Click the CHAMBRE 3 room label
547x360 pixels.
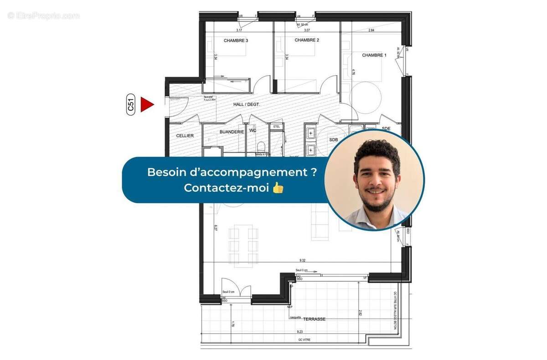tap(236, 41)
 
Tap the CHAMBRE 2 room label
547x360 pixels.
tap(307, 40)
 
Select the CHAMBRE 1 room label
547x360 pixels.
tap(374, 55)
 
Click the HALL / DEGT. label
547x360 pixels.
tap(246, 104)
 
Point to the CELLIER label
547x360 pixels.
tap(185, 136)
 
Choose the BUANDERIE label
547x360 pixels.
tap(232, 132)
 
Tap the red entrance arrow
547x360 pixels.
tap(146, 104)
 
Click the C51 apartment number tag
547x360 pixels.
tap(131, 104)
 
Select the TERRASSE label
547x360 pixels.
tap(314, 319)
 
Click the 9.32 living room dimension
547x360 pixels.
tap(303, 260)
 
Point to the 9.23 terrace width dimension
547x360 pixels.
tap(300, 332)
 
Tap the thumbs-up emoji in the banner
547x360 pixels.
tap(278, 187)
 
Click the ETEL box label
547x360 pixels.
tap(276, 126)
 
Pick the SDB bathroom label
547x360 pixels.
tap(333, 139)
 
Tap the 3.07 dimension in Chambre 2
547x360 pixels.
tap(307, 30)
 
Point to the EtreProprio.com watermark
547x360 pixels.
tap(43, 15)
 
